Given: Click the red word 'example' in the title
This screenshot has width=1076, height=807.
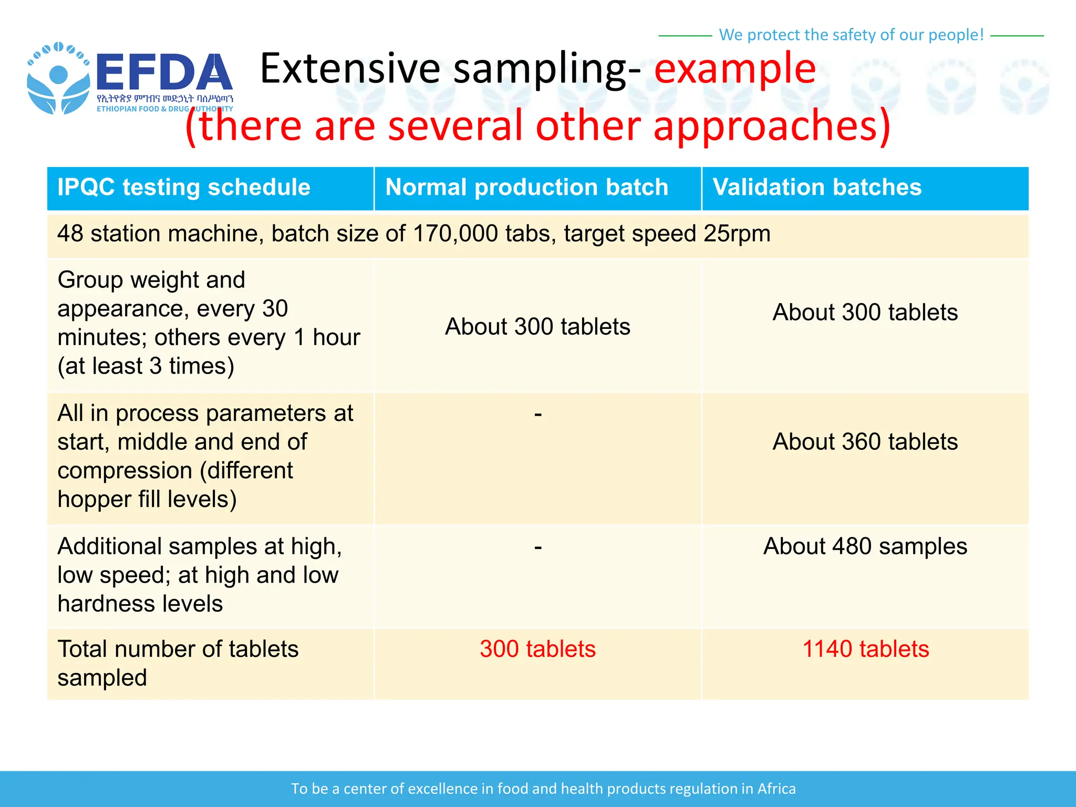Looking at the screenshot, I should coord(734,68).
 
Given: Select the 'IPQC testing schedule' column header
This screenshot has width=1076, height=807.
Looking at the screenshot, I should coord(184,188).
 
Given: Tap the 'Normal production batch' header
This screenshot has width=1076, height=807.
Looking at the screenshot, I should coord(526,188).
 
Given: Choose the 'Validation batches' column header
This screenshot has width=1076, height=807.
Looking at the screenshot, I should coord(817,188).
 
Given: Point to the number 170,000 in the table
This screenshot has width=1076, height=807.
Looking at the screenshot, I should coord(455,234).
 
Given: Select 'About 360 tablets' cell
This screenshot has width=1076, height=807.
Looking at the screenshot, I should coord(865,442).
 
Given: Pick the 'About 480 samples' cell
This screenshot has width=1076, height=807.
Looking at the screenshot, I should coord(865,546).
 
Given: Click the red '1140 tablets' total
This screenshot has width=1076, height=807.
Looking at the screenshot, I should coord(865,649).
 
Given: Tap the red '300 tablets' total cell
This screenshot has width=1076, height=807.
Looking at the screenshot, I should coord(537,649).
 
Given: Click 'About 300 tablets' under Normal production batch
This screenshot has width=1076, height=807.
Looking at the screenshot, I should coord(537,327).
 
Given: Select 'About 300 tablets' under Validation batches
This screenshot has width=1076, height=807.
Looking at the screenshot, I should coord(865,313).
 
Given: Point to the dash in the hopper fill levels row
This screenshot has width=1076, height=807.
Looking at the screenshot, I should coord(537,415).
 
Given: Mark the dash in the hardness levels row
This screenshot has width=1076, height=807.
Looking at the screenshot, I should coord(537,548).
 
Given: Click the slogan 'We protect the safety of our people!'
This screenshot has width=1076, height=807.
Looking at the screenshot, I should coord(851,35).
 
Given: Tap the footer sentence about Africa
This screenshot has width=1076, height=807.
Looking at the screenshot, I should coord(543,789).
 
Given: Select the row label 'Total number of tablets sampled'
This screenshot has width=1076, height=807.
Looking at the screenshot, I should coord(178,663).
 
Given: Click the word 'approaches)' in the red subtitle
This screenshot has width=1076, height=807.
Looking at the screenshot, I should coord(771,126).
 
